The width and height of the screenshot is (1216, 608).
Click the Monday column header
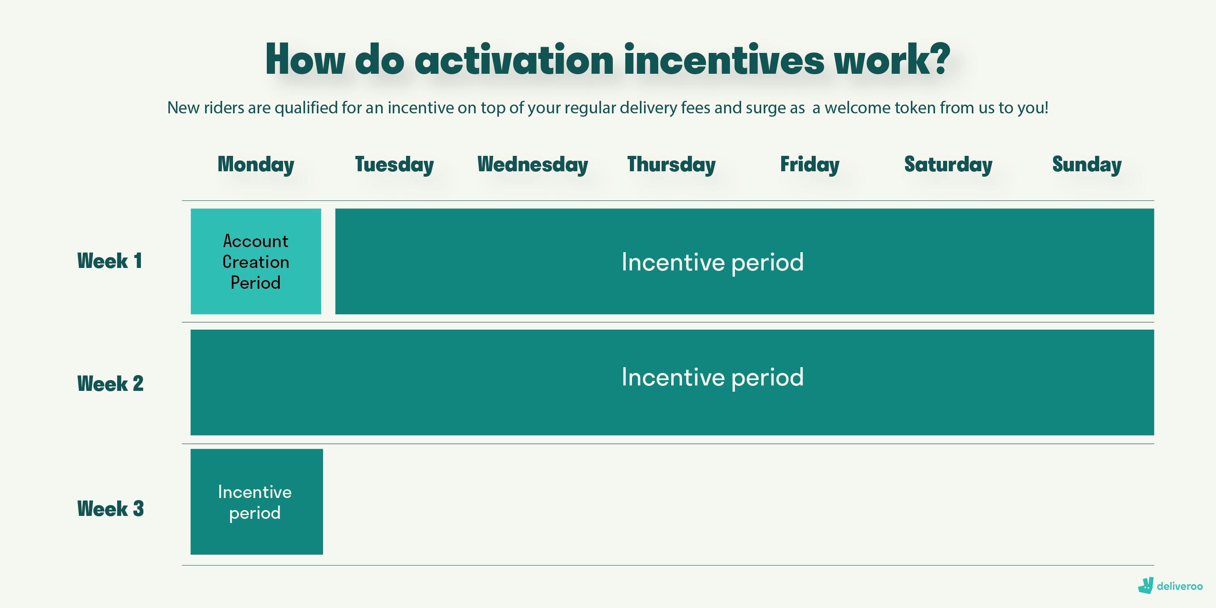[256, 165]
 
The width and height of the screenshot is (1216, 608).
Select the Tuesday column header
[394, 165]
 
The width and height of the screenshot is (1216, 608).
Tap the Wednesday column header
[532, 165]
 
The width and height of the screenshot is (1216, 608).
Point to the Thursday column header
[671, 165]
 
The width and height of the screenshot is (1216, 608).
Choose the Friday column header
[810, 165]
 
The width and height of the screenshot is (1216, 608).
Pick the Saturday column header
[948, 165]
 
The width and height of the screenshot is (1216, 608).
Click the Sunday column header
[1087, 165]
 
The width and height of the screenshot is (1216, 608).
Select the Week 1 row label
[110, 261]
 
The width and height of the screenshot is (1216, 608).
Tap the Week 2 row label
[110, 384]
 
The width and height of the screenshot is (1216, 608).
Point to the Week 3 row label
[110, 509]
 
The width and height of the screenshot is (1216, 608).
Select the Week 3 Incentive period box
[257, 501]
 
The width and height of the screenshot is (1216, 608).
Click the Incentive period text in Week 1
[712, 263]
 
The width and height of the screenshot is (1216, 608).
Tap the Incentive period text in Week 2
[712, 378]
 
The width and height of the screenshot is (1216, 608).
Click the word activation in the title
[514, 60]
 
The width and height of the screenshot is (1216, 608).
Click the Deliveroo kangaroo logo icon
[1146, 586]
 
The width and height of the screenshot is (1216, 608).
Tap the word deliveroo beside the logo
[1180, 586]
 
